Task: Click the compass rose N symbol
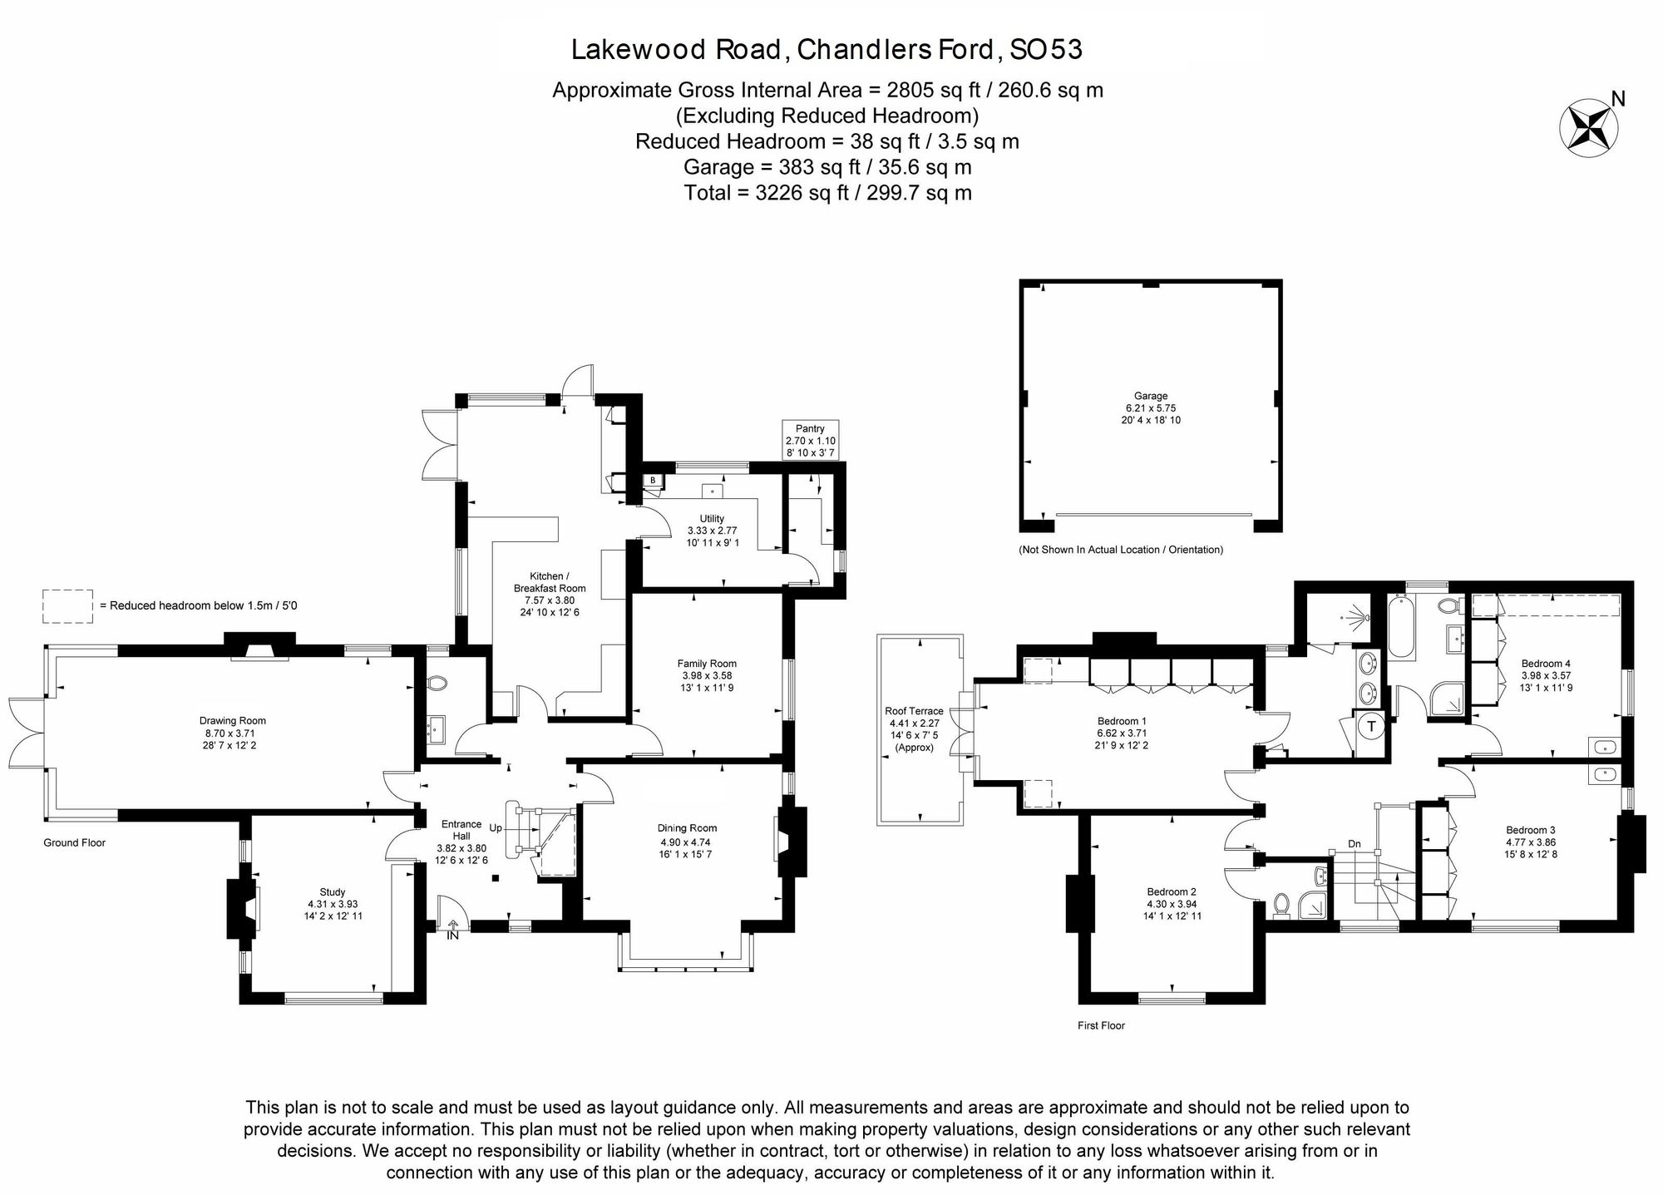1588,126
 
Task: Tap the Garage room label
1151,397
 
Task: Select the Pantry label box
810,440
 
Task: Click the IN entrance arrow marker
453,930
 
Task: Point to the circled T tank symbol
1372,726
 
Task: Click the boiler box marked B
654,480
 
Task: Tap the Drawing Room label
232,721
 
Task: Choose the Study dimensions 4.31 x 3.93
333,904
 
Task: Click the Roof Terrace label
914,711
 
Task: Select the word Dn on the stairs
1355,844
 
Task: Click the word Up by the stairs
496,828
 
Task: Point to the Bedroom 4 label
1546,664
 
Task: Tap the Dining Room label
687,828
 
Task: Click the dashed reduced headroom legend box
67,606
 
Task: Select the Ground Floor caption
75,842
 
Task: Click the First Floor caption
1101,1025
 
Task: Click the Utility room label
712,519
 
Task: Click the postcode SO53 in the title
1045,50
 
